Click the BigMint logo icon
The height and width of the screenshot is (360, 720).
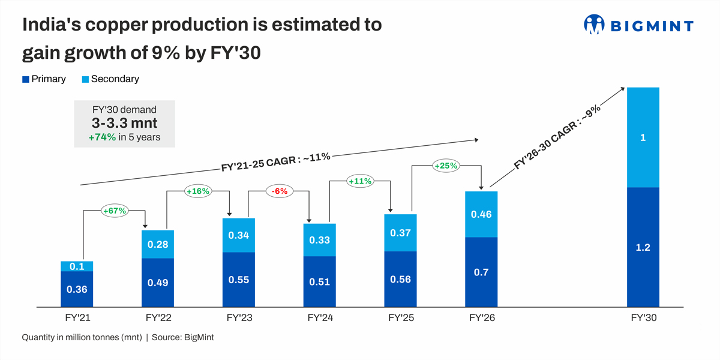pyautogui.click(x=593, y=25)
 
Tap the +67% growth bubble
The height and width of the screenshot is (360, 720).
pyautogui.click(x=114, y=211)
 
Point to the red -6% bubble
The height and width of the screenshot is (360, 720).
pyautogui.click(x=280, y=191)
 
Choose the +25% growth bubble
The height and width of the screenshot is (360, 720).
pyautogui.click(x=446, y=165)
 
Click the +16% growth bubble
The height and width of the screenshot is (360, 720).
pyautogui.click(x=197, y=191)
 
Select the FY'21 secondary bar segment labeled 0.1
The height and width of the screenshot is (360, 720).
pyautogui.click(x=77, y=266)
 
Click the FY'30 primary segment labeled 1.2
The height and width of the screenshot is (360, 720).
pyautogui.click(x=643, y=247)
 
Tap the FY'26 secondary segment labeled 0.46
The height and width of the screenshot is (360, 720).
pyautogui.click(x=481, y=214)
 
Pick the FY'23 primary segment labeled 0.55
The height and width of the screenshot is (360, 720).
pyautogui.click(x=239, y=280)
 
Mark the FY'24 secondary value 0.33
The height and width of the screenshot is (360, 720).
pyautogui.click(x=319, y=240)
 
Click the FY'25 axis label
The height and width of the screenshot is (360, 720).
pyautogui.click(x=400, y=317)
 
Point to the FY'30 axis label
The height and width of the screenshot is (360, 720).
pyautogui.click(x=643, y=317)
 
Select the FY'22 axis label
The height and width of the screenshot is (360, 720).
pyautogui.click(x=158, y=317)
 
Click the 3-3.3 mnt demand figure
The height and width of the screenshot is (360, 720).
pyautogui.click(x=124, y=123)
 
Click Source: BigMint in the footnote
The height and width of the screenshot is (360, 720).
pyautogui.click(x=182, y=337)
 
